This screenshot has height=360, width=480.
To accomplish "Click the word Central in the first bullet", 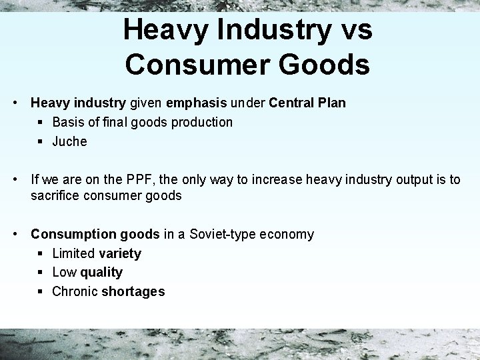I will [x=292, y=103].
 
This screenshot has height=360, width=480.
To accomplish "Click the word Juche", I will [x=69, y=141].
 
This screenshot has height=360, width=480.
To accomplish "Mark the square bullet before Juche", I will [x=41, y=141].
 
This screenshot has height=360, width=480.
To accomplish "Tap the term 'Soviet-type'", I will [x=223, y=234].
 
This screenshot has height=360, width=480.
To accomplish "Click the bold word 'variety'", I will [x=119, y=253].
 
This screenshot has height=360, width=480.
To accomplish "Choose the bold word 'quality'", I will [x=101, y=272].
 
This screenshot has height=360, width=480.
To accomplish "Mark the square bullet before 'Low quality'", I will [x=41, y=272].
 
